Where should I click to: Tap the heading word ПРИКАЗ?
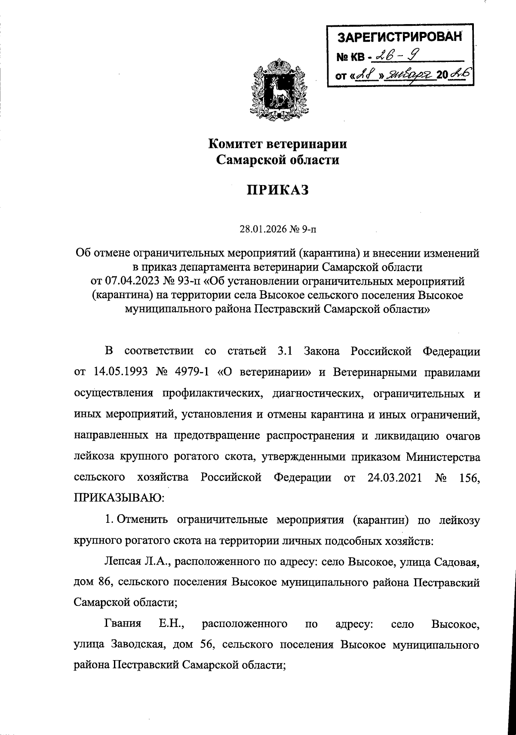pos(278,190)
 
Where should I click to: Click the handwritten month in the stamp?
pos(408,75)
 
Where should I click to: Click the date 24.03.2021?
pos(396,478)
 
